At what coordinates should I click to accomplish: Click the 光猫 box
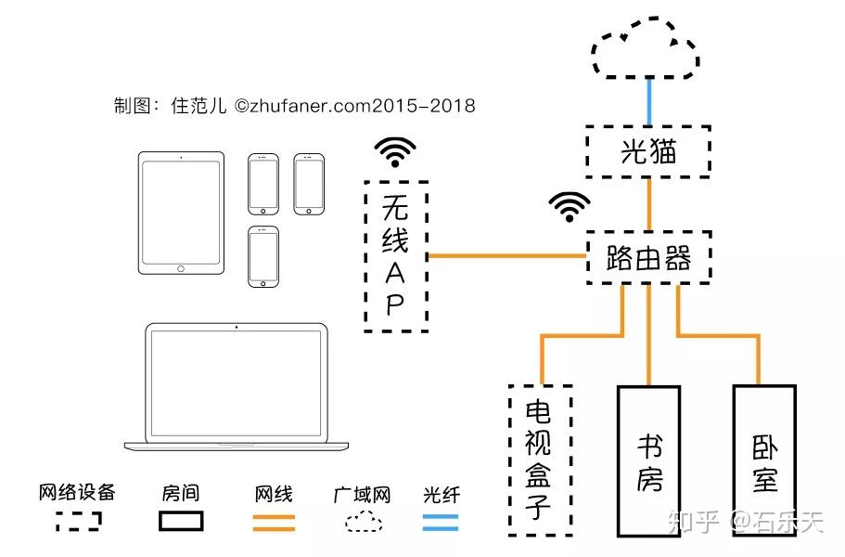pos(647,151)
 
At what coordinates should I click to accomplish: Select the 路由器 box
pos(648,258)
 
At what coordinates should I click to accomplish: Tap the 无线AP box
pos(396,256)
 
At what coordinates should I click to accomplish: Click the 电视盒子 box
pos(541,460)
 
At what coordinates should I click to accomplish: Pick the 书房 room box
pos(648,460)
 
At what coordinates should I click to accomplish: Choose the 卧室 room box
pos(764,460)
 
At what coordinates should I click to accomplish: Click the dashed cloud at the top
pos(646,47)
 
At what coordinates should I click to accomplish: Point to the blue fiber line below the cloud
pos(649,102)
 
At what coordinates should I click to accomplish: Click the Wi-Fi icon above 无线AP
pos(395,152)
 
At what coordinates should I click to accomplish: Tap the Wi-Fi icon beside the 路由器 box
pos(570,206)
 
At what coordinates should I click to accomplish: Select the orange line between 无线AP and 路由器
pos(507,255)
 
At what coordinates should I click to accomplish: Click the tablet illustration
pos(181,213)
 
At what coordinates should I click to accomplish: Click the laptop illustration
pos(237,386)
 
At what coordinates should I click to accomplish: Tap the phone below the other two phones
pos(263,256)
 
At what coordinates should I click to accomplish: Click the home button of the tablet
pos(181,268)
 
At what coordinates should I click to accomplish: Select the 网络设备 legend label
pos(77,492)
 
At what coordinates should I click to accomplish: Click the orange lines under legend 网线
pos(274,523)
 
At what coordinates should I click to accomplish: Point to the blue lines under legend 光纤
pos(441,523)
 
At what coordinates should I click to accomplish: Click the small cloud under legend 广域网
pos(364,522)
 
